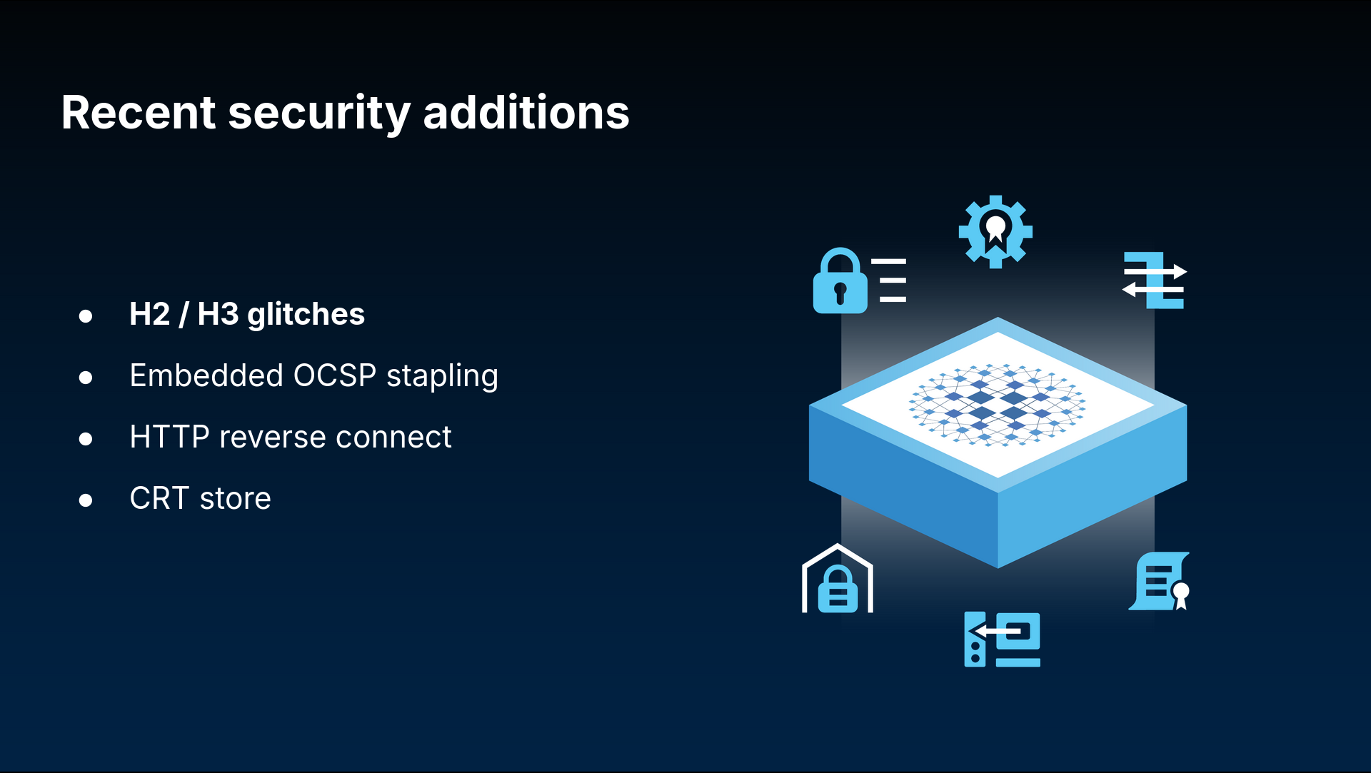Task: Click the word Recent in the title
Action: pyautogui.click(x=139, y=113)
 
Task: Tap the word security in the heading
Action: pyautogui.click(x=319, y=114)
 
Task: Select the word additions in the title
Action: pyautogui.click(x=526, y=113)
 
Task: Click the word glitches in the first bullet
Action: pyautogui.click(x=306, y=315)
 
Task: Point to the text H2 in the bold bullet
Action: pyautogui.click(x=150, y=314)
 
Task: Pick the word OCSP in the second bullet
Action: pyautogui.click(x=335, y=375)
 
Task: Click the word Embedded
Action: pyautogui.click(x=207, y=375)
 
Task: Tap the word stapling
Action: pyautogui.click(x=442, y=377)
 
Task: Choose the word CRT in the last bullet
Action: pyautogui.click(x=159, y=498)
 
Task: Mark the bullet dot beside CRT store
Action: pyautogui.click(x=86, y=500)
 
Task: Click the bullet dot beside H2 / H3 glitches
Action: pyautogui.click(x=86, y=315)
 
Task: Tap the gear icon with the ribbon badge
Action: pyautogui.click(x=995, y=232)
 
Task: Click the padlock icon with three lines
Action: pyautogui.click(x=860, y=281)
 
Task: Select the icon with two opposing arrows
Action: pyautogui.click(x=1154, y=280)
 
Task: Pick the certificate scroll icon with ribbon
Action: pyautogui.click(x=1160, y=581)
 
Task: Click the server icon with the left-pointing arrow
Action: pyautogui.click(x=1002, y=640)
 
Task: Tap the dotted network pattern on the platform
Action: pyautogui.click(x=997, y=405)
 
